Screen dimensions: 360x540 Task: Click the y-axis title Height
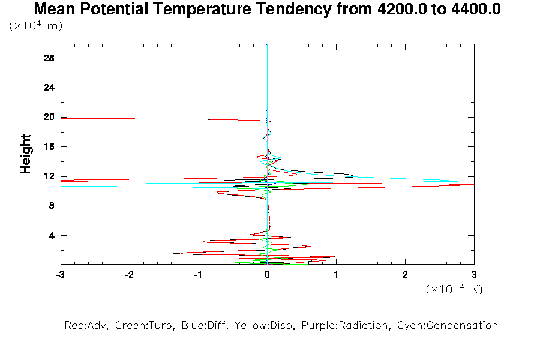point(26,154)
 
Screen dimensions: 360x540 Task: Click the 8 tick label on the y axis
point(52,206)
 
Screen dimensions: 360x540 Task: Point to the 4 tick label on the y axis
point(52,235)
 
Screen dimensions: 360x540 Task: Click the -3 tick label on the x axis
point(60,274)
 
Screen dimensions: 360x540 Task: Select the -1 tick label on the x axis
point(197,274)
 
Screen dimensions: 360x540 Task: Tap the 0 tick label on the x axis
point(267,274)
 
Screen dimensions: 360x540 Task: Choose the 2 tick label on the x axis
point(405,274)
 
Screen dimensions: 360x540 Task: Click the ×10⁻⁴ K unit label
point(454,289)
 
